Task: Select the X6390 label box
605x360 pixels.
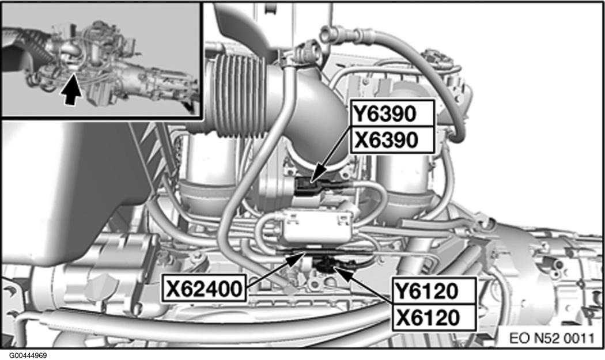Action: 392,139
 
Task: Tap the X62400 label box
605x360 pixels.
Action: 204,288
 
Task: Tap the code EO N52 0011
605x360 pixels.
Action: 552,339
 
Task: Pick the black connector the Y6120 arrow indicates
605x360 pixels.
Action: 327,266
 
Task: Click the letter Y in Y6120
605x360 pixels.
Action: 403,290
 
